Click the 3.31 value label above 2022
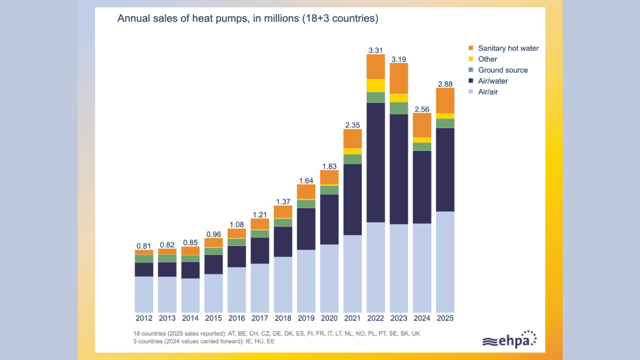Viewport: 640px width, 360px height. pyautogui.click(x=375, y=50)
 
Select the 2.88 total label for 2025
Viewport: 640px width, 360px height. pyautogui.click(x=445, y=84)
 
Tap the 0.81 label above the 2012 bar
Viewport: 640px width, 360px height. pyautogui.click(x=144, y=246)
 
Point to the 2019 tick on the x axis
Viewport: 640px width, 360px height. pyautogui.click(x=306, y=318)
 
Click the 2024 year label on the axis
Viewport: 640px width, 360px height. pyautogui.click(x=422, y=318)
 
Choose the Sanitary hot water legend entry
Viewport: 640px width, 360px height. pyautogui.click(x=504, y=48)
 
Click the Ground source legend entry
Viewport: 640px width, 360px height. pyautogui.click(x=498, y=70)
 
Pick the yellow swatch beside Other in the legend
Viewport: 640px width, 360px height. pyautogui.click(x=471, y=59)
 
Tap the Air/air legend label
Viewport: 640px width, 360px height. pyautogui.click(x=488, y=92)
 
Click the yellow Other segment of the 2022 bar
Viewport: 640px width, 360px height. pyautogui.click(x=376, y=86)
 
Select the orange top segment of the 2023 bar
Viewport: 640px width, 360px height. pyautogui.click(x=399, y=79)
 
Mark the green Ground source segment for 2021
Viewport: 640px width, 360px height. pyautogui.click(x=352, y=159)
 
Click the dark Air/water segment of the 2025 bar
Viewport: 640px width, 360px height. pyautogui.click(x=445, y=170)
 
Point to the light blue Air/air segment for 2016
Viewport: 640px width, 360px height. pyautogui.click(x=237, y=290)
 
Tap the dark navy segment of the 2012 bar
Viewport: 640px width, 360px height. pyautogui.click(x=144, y=270)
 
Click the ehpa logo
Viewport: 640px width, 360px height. pyautogui.click(x=509, y=339)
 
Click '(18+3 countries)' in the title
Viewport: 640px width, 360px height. pyautogui.click(x=340, y=18)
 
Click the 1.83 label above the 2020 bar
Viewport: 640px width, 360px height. pyautogui.click(x=329, y=166)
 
